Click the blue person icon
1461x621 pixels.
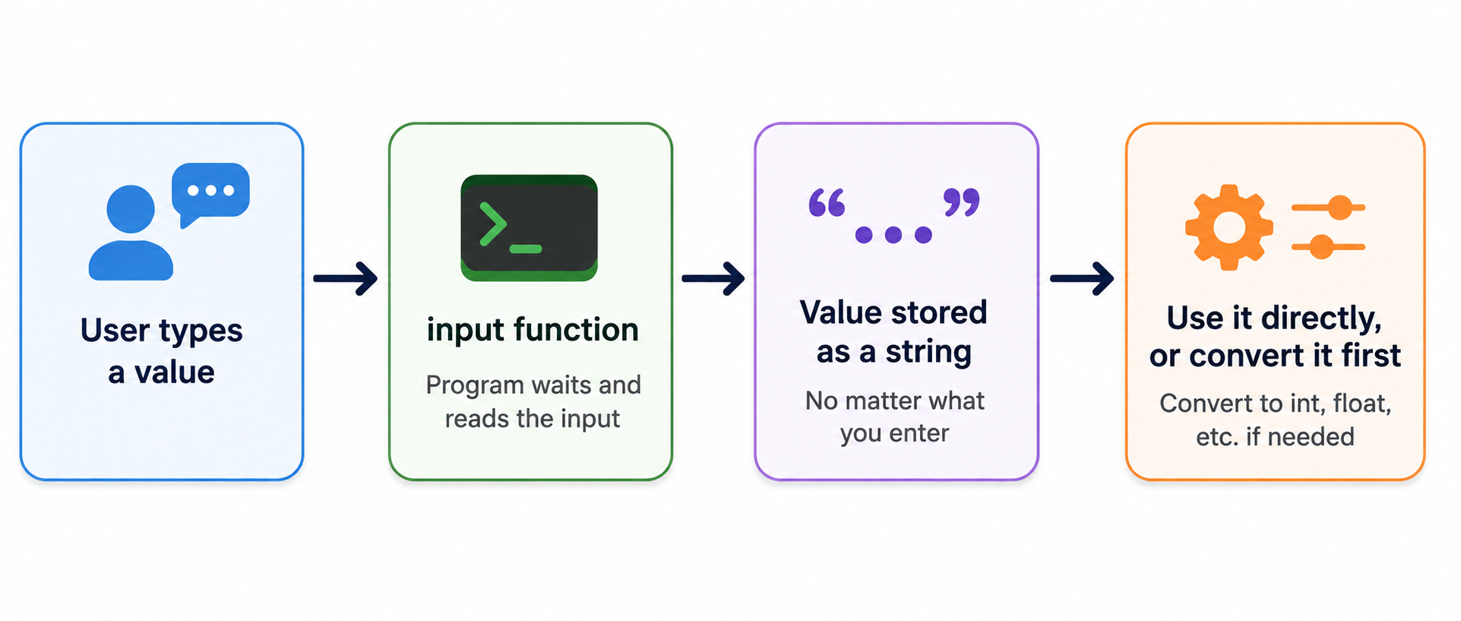[131, 233]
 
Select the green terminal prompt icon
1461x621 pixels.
[529, 228]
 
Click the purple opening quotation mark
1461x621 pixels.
[827, 203]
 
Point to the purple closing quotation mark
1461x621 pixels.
[961, 203]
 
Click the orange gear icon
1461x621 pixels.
[1229, 227]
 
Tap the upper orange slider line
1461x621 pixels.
[1328, 208]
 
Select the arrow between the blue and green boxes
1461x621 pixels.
[346, 278]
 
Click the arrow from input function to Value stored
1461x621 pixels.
[713, 278]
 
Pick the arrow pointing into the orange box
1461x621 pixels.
[1082, 278]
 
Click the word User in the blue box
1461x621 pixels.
[115, 331]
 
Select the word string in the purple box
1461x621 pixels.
[928, 353]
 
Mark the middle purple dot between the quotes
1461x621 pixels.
[893, 235]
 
